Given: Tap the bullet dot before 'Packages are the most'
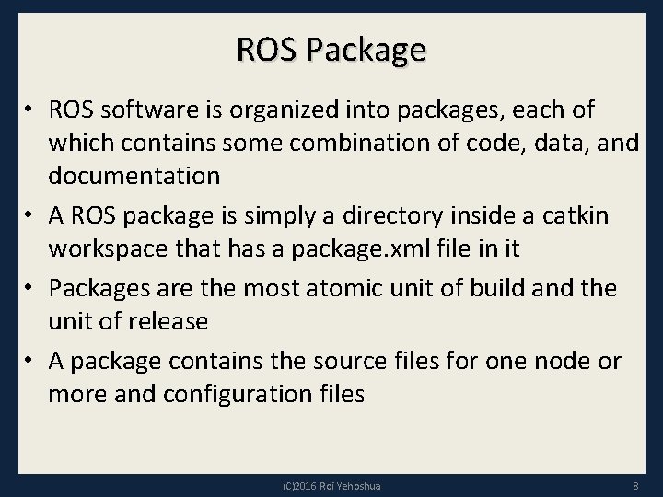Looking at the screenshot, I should (x=29, y=288).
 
